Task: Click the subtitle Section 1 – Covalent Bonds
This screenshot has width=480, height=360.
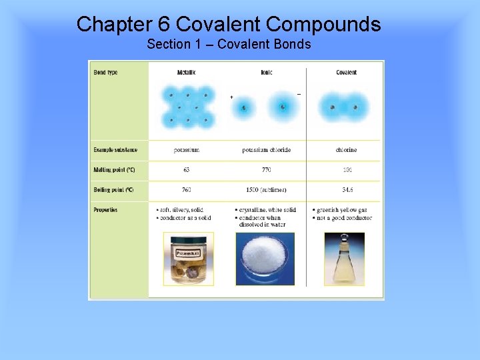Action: (229, 45)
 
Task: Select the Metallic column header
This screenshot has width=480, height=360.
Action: (187, 72)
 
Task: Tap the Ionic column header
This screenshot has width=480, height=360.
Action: (267, 72)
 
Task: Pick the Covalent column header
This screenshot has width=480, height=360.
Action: (346, 72)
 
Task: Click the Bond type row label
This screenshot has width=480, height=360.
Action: (105, 72)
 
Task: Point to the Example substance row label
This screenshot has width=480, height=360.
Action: (115, 150)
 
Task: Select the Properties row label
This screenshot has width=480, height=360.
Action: (105, 210)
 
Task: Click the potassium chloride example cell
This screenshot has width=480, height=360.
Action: (266, 150)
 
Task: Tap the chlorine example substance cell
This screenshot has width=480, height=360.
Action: (346, 150)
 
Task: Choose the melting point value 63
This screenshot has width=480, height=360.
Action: (187, 170)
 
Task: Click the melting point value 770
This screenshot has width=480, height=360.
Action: (266, 170)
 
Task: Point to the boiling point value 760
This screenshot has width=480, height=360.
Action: (187, 190)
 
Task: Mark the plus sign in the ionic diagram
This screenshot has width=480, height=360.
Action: (231, 97)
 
